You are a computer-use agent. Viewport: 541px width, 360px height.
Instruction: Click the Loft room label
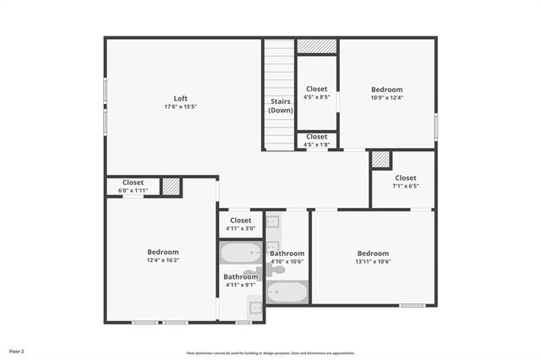[180, 97]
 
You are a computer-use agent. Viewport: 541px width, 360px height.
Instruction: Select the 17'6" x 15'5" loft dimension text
[180, 106]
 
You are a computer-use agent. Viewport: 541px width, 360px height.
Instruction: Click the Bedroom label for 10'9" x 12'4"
[387, 89]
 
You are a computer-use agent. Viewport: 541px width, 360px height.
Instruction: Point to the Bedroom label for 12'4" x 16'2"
[162, 252]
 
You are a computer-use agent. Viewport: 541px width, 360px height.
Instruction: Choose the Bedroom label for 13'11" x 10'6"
[373, 253]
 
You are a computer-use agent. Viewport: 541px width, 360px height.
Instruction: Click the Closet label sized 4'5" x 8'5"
[316, 89]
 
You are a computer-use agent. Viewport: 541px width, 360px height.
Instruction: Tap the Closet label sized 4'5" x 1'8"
[316, 136]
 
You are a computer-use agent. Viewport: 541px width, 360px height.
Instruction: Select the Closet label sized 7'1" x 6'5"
[405, 177]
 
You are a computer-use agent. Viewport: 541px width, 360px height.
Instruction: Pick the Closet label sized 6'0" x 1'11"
[133, 182]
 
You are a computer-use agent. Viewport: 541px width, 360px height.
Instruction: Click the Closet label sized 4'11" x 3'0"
[240, 221]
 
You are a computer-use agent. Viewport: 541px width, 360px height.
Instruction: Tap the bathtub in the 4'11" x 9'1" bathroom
[241, 253]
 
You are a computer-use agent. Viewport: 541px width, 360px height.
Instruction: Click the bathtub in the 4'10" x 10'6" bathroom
[287, 292]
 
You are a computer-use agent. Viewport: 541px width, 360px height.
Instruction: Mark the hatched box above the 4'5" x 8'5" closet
[316, 46]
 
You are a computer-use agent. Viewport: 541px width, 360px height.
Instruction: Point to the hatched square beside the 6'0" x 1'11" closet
[172, 187]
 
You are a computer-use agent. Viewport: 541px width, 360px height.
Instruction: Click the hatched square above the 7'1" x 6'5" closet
[381, 159]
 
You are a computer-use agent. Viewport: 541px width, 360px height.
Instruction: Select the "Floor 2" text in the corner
[17, 350]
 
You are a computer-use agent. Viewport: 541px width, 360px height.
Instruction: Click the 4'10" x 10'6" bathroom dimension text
[287, 262]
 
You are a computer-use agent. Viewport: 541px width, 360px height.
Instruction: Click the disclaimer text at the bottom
[270, 352]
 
